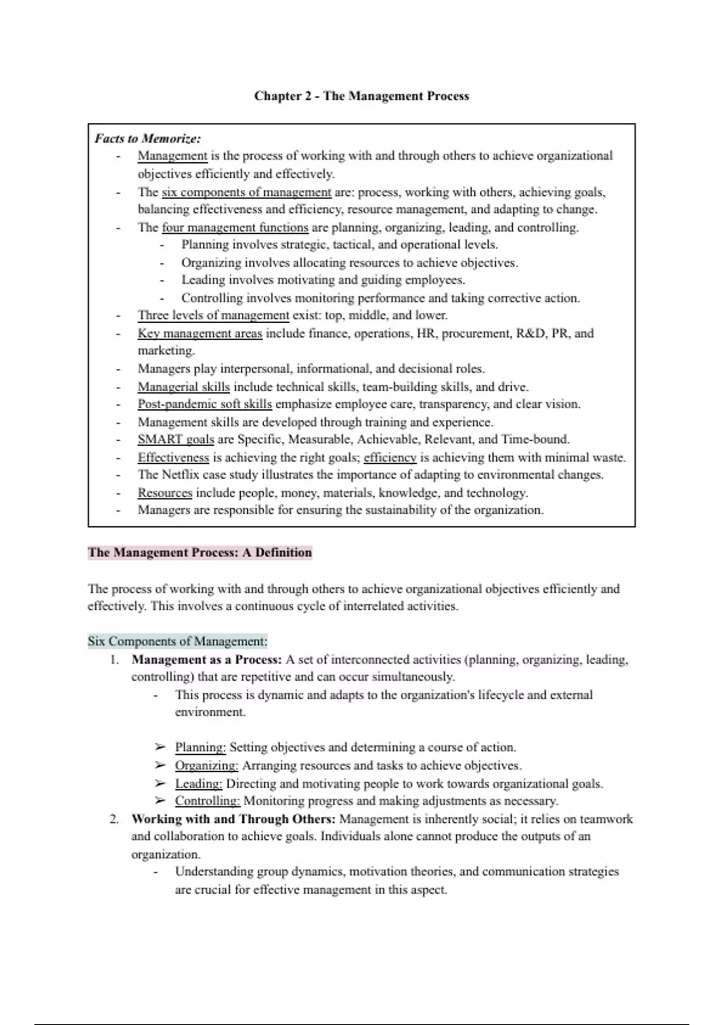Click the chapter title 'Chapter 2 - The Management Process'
(361, 96)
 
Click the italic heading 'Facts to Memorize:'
(147, 139)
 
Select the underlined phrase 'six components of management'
(246, 192)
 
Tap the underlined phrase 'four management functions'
(235, 227)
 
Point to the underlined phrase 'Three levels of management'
(213, 315)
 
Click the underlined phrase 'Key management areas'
(200, 333)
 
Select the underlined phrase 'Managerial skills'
(183, 386)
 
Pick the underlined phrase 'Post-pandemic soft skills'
(205, 404)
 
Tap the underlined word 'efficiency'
(390, 458)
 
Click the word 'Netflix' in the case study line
(181, 475)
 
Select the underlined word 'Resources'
(165, 493)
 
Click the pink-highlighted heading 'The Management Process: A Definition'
(200, 553)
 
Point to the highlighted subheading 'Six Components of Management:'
(177, 641)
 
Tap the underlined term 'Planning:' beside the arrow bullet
(200, 748)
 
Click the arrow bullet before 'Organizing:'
(159, 766)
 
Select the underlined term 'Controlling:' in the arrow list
(208, 801)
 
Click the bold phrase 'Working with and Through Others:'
(233, 819)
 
